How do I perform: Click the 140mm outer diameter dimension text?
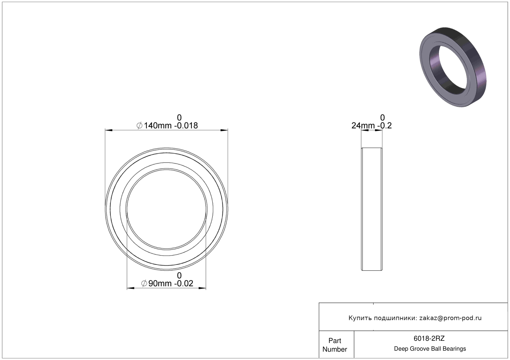pyautogui.click(x=158, y=126)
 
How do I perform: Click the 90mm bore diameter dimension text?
pyautogui.click(x=160, y=284)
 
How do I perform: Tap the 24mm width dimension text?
pyautogui.click(x=363, y=126)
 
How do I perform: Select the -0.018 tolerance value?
pyautogui.click(x=186, y=126)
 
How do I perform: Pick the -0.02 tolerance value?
pyautogui.click(x=184, y=284)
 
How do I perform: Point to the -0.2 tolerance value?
pyautogui.click(x=385, y=126)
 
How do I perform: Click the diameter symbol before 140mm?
pyautogui.click(x=139, y=126)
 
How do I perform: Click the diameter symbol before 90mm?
pyautogui.click(x=144, y=284)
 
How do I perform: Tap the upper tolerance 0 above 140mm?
pyautogui.click(x=179, y=118)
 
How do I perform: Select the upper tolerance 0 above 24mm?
pyautogui.click(x=382, y=118)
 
